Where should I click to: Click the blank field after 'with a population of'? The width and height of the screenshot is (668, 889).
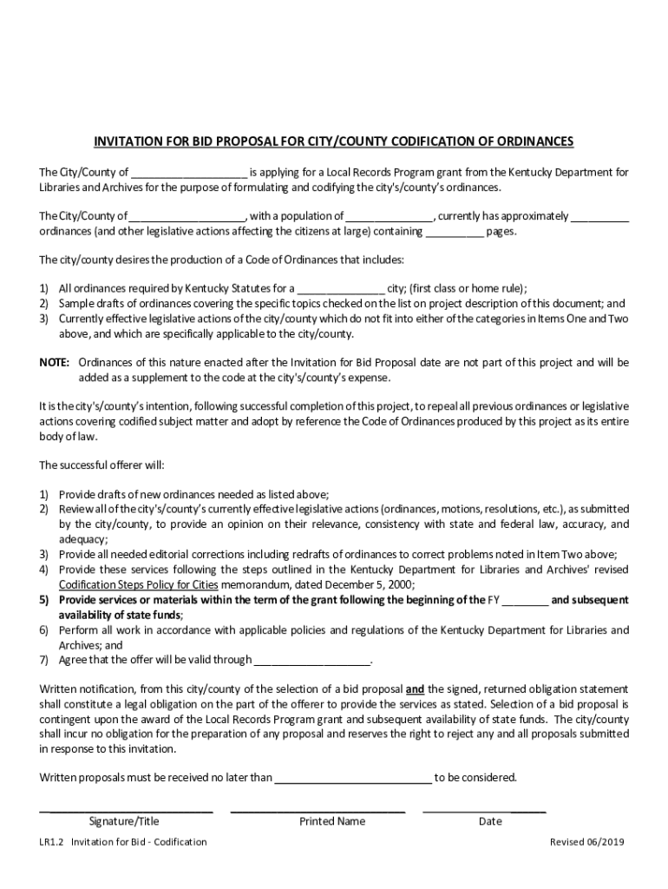390,216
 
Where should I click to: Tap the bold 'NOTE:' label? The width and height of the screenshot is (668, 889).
55,362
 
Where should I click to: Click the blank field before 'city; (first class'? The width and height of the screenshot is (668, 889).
341,289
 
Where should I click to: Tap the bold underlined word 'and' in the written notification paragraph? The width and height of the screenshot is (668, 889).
415,689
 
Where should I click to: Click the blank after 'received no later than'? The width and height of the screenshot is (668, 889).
353,778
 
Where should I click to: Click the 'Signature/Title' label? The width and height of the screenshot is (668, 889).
124,821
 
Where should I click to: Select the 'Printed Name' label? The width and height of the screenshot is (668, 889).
332,821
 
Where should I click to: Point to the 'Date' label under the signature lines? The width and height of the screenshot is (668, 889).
490,821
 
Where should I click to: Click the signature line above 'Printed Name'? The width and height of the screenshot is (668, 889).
318,811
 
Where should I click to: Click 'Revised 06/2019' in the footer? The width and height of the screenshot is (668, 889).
586,842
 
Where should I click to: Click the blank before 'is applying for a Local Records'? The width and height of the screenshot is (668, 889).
190,172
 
